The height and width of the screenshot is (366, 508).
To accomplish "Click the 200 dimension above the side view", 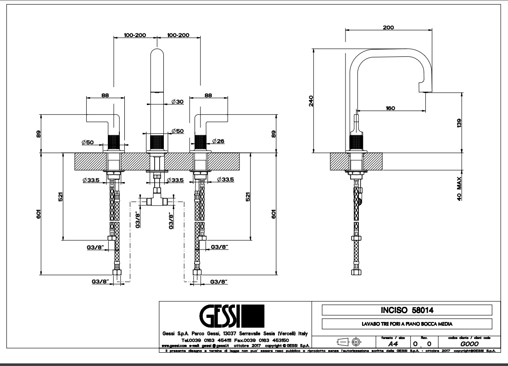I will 388,28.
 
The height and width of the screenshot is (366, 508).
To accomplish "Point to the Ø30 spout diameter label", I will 177,101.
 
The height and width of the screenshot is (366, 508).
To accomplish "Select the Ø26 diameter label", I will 218,142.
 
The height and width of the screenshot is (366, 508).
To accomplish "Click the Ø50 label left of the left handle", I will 89,142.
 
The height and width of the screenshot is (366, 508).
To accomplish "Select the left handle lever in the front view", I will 105,117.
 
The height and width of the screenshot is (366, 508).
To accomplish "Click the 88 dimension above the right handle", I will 208,95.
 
